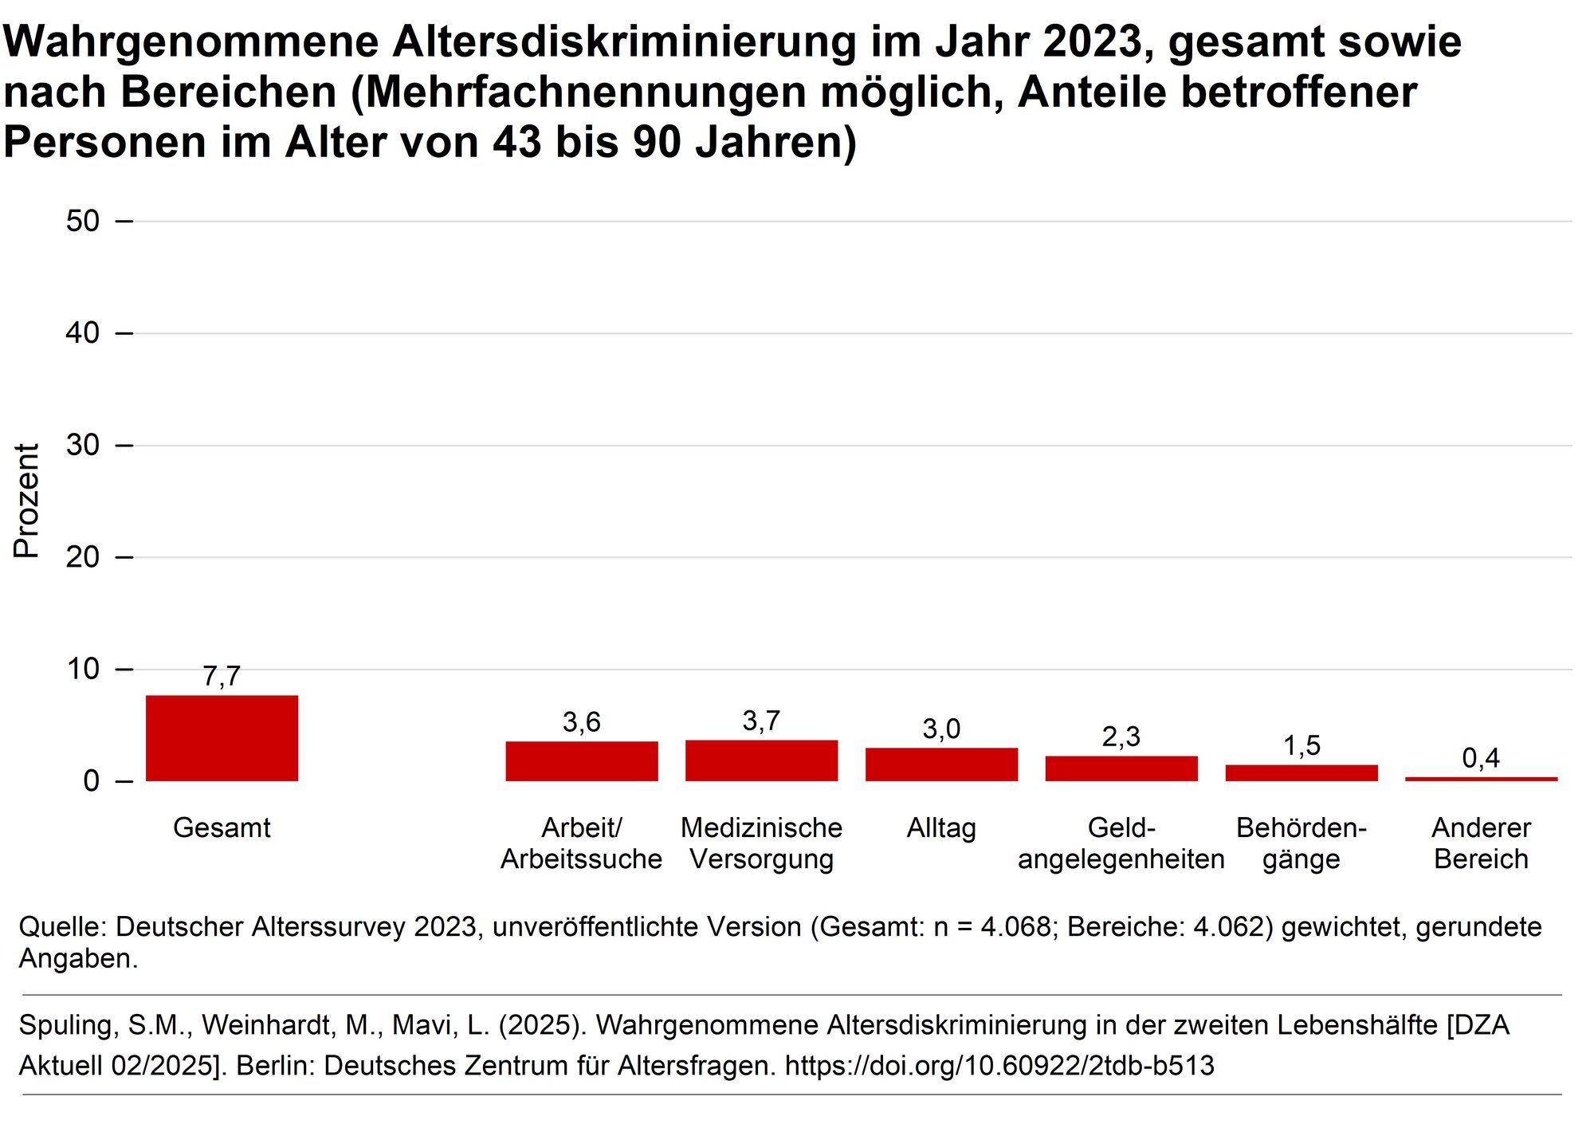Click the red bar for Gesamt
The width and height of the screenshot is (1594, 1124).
pos(222,738)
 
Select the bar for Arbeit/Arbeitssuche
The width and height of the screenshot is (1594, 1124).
pos(582,761)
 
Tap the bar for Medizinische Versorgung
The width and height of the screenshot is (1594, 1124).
pos(761,760)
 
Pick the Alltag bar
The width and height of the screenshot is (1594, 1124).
pos(941,764)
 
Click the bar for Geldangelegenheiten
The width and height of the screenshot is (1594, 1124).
pos(1121,768)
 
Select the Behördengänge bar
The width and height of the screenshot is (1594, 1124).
pos(1302,772)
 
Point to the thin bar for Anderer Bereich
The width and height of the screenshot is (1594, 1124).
pos(1481,779)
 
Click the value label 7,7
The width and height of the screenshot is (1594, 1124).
pos(222,676)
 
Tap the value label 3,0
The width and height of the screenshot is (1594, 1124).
pos(941,729)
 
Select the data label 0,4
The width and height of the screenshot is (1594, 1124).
pos(1481,757)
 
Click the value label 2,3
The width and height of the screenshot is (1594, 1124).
pos(1121,737)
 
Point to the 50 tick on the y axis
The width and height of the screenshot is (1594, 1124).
pos(83,221)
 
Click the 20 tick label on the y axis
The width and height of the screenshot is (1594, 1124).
pos(83,556)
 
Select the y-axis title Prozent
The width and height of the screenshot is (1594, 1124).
pos(27,501)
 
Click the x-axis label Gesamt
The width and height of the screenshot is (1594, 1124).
pos(222,827)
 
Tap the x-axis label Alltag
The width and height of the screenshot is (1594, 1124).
pos(941,827)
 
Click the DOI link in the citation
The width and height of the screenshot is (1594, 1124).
pos(999,1065)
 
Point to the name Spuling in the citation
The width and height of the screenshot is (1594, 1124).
pos(69,1024)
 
